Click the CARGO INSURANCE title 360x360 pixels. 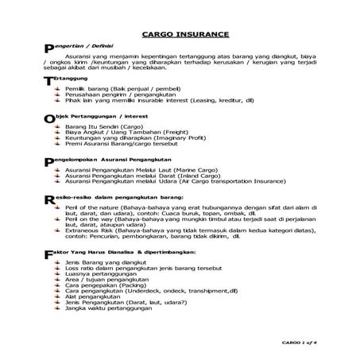[185, 34]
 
